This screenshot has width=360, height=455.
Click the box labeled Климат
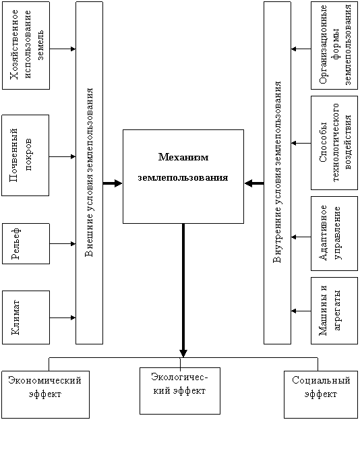[x=26, y=317]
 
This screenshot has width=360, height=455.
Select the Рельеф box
[x=26, y=243]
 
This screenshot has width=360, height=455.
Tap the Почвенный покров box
[x=25, y=155]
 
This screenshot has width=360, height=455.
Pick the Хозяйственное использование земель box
[x=26, y=45]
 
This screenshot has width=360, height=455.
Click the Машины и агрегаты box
[x=334, y=311]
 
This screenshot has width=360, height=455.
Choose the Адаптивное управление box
[x=334, y=234]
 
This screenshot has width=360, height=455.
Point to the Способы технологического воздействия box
[x=334, y=143]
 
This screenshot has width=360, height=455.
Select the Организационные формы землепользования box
[x=334, y=45]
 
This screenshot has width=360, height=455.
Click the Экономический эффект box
[x=45, y=394]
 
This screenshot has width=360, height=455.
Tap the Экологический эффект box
[x=180, y=391]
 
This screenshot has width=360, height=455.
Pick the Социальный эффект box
[x=321, y=394]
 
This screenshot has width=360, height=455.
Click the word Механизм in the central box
[x=183, y=157]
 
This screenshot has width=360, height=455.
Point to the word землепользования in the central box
[x=183, y=177]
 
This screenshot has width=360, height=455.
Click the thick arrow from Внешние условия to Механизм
[x=113, y=183]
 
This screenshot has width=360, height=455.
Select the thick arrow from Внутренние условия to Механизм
[x=254, y=183]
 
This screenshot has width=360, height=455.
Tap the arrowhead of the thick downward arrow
[x=183, y=353]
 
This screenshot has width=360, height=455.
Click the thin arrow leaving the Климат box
[x=63, y=317]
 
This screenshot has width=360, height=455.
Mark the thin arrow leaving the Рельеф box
[x=63, y=244]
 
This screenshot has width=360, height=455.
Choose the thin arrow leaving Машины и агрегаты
[x=301, y=311]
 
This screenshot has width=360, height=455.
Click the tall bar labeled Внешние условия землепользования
[x=90, y=173]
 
